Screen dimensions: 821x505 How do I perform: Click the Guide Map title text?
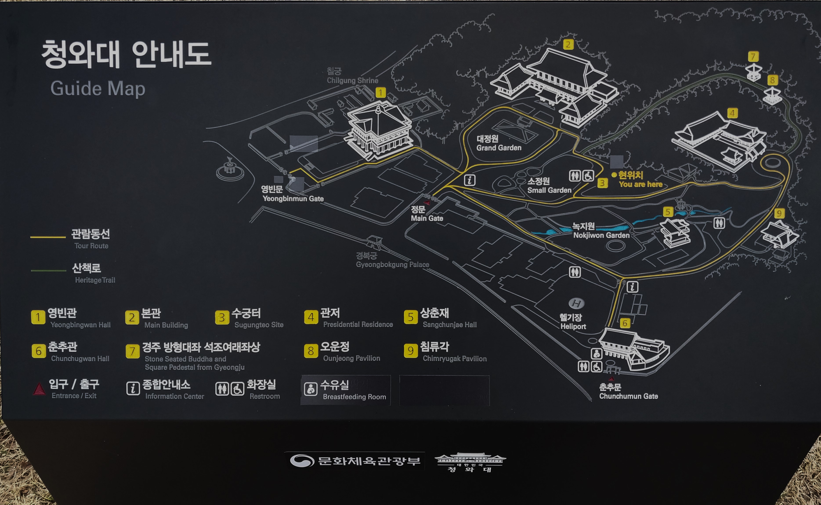pyautogui.click(x=98, y=88)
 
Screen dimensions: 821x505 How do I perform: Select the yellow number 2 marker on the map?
pyautogui.click(x=568, y=44)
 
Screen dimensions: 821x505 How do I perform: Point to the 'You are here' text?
pyautogui.click(x=640, y=184)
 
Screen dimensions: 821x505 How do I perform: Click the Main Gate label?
pyautogui.click(x=427, y=218)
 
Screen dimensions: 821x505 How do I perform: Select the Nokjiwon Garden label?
pyautogui.click(x=601, y=235)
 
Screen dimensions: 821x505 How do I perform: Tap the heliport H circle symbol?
pyautogui.click(x=576, y=303)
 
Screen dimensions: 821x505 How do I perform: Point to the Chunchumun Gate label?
pyautogui.click(x=628, y=396)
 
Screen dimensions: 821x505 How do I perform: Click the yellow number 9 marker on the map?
pyautogui.click(x=779, y=213)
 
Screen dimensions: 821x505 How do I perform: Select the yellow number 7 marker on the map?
pyautogui.click(x=753, y=56)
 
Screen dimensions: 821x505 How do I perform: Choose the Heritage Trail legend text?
pyautogui.click(x=95, y=280)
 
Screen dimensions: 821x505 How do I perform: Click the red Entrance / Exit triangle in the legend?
pyautogui.click(x=39, y=389)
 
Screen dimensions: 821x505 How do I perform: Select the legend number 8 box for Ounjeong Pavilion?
pyautogui.click(x=311, y=351)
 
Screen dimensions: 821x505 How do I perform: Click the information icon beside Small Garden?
pyautogui.click(x=469, y=180)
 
